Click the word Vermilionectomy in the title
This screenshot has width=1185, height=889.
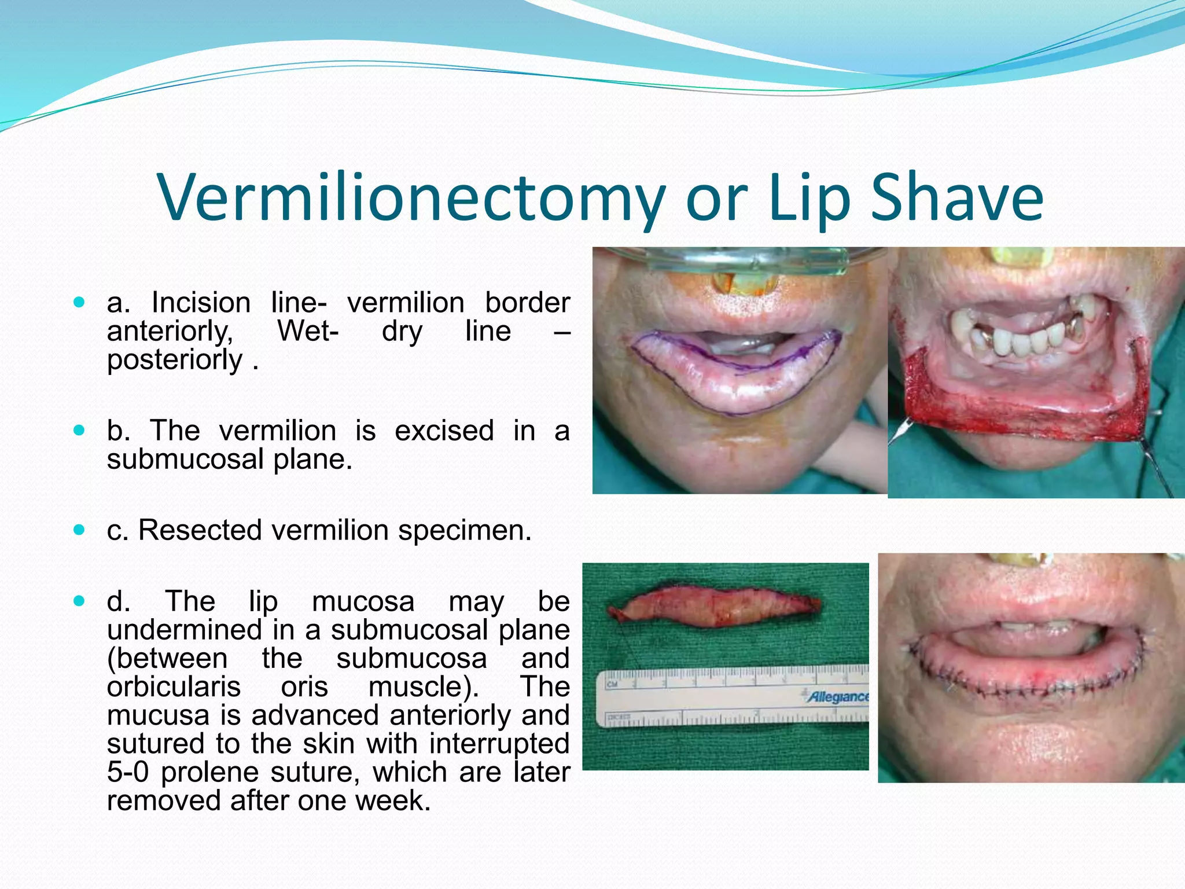click(x=410, y=198)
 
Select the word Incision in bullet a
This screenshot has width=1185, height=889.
click(x=201, y=303)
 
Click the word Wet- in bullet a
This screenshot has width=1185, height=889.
click(x=308, y=331)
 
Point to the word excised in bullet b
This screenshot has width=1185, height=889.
click(x=444, y=431)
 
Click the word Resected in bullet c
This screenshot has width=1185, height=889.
click(x=200, y=530)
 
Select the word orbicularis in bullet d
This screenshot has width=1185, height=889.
click(x=174, y=687)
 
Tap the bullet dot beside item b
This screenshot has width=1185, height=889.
click(x=80, y=430)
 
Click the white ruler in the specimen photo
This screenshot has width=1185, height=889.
click(x=732, y=697)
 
